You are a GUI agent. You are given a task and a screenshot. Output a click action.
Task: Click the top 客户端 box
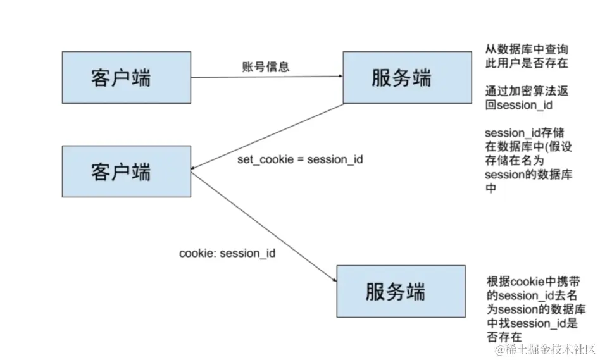(x=127, y=77)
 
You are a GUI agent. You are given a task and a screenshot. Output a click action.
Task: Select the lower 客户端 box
(x=127, y=171)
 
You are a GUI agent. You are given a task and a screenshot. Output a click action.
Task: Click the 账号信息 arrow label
(x=266, y=67)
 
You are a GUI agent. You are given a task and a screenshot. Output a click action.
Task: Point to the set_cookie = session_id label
(x=300, y=159)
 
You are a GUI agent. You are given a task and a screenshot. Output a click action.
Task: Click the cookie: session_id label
(x=228, y=253)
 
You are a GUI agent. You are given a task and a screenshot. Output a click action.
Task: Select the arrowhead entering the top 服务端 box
(x=340, y=77)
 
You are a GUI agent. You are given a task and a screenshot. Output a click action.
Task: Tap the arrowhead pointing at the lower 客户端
(x=194, y=169)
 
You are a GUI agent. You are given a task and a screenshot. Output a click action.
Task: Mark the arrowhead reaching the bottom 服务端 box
(x=333, y=281)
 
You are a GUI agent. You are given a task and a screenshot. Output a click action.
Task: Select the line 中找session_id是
(x=532, y=323)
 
